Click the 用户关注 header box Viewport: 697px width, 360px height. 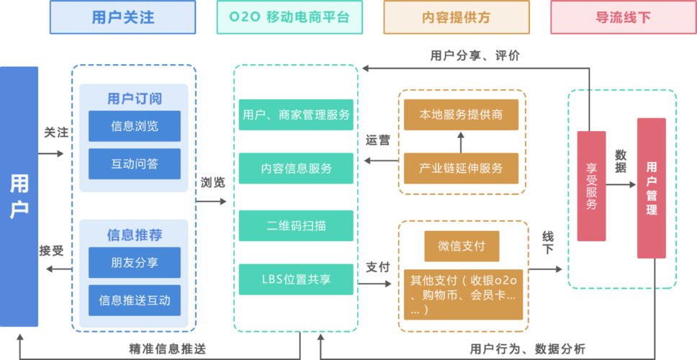point(123,17)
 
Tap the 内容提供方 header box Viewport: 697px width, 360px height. point(457,17)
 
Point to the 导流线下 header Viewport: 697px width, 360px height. point(623,17)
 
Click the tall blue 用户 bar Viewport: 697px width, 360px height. point(19,196)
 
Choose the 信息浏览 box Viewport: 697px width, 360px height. point(135,126)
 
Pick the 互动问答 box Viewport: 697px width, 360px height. point(135,163)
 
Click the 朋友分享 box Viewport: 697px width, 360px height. point(135,262)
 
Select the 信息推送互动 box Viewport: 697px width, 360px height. point(135,300)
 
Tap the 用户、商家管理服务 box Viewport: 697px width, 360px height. point(296,115)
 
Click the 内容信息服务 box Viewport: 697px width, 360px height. point(296,168)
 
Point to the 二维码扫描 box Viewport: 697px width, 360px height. point(296,225)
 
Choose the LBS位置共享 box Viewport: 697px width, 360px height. point(296,279)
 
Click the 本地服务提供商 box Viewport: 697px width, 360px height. point(461,115)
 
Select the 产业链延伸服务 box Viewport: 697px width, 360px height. point(461,168)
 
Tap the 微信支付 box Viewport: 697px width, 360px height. point(461,246)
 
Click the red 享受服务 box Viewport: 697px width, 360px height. point(591,186)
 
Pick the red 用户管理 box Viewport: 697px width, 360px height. point(651,187)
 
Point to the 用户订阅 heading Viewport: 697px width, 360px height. point(135,99)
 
